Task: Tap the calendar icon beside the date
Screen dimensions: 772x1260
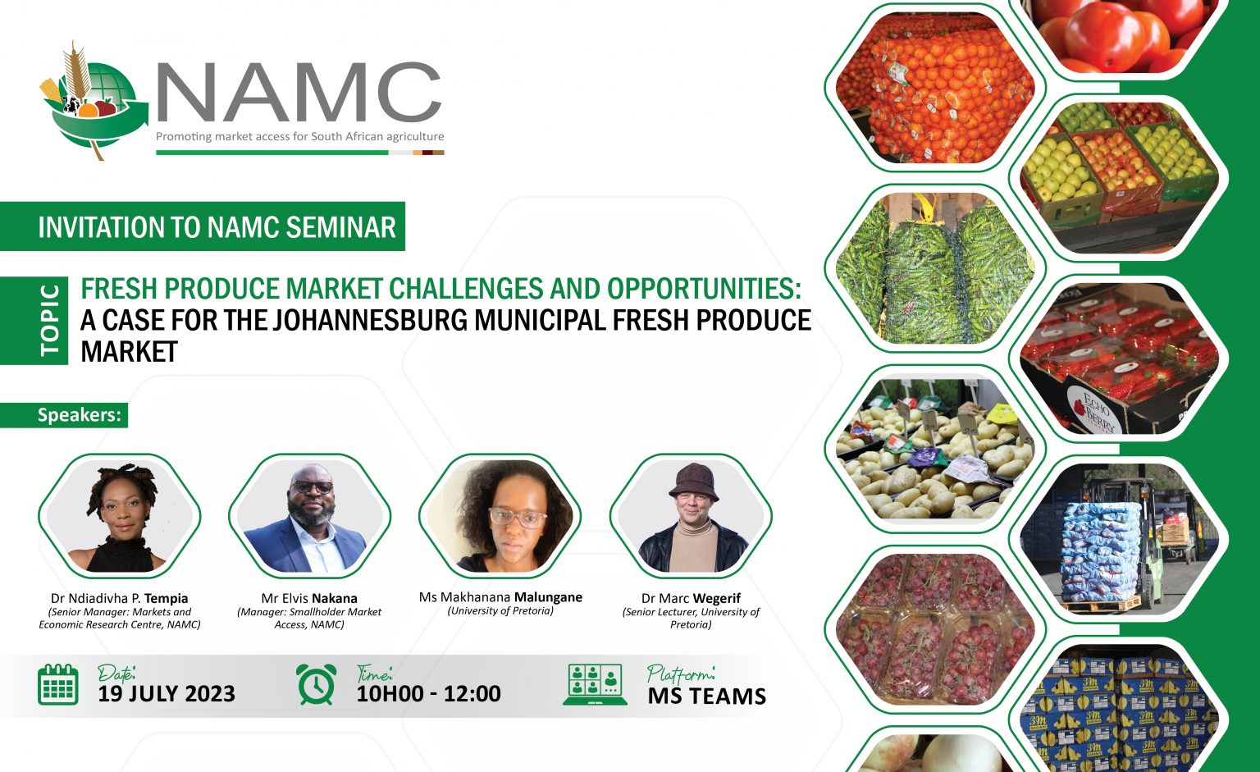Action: pos(58,684)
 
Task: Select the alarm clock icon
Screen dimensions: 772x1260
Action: pos(316,684)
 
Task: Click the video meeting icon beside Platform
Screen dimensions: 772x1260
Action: pos(595,684)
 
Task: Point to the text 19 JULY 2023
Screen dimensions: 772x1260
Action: pos(167,694)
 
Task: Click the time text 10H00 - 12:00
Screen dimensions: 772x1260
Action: pos(428,694)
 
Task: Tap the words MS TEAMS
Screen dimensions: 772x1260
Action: pos(706,697)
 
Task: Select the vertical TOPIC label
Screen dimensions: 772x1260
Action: pos(50,320)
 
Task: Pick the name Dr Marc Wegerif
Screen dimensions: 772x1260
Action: pos(691,598)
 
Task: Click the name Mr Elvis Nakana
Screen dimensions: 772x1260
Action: pos(309,598)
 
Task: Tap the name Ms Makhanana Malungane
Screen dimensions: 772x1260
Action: pos(500,597)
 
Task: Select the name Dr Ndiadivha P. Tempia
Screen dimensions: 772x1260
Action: pos(120,598)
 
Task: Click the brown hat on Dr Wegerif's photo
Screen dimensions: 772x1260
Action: pos(694,481)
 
